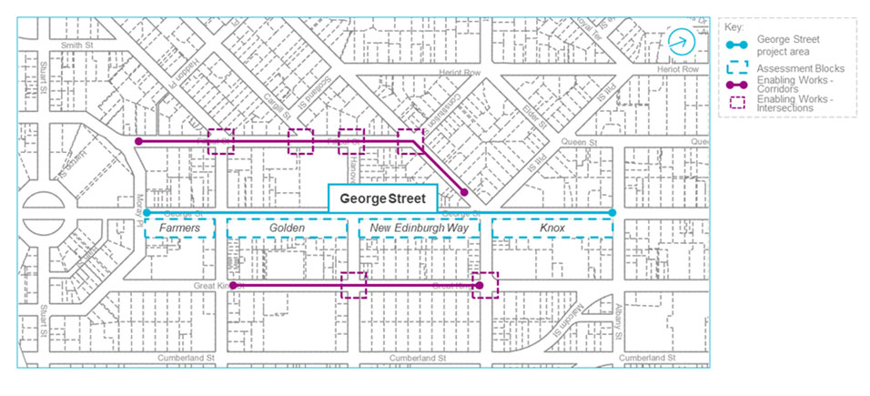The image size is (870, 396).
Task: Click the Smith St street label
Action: coord(78,45)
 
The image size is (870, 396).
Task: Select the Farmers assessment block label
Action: coord(179,228)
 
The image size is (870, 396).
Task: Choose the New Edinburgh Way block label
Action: coord(420,228)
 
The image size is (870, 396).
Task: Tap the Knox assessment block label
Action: coord(551,228)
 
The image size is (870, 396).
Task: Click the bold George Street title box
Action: coord(382,198)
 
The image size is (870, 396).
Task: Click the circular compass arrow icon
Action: coord(680,41)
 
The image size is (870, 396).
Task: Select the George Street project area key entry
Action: coord(788,45)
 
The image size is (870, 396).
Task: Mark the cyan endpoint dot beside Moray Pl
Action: coord(147,213)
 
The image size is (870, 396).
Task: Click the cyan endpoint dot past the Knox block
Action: coord(612,213)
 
